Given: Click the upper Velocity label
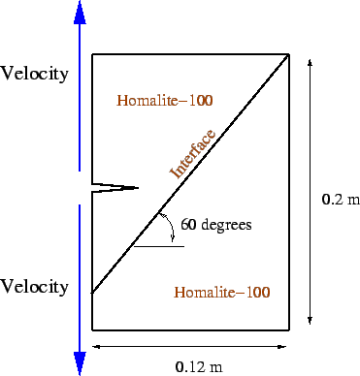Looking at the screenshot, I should click(x=35, y=74).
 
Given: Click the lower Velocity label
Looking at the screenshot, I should click(x=35, y=287).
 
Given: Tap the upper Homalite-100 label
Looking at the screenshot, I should click(x=164, y=100).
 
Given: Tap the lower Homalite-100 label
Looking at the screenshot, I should click(x=221, y=292).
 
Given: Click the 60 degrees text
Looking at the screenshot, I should click(x=215, y=225).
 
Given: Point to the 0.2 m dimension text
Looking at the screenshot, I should click(x=340, y=201).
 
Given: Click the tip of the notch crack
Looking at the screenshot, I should click(x=138, y=187).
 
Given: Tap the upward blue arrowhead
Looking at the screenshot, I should click(x=80, y=13).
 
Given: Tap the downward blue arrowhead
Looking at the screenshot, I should click(x=80, y=363).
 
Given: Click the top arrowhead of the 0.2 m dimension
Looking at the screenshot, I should click(x=310, y=62).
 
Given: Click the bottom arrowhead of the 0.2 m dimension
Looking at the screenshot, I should click(x=310, y=322).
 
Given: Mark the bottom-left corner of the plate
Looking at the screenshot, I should click(x=92, y=330).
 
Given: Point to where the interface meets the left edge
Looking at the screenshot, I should click(x=92, y=293).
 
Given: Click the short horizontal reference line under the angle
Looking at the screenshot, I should click(x=159, y=246).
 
